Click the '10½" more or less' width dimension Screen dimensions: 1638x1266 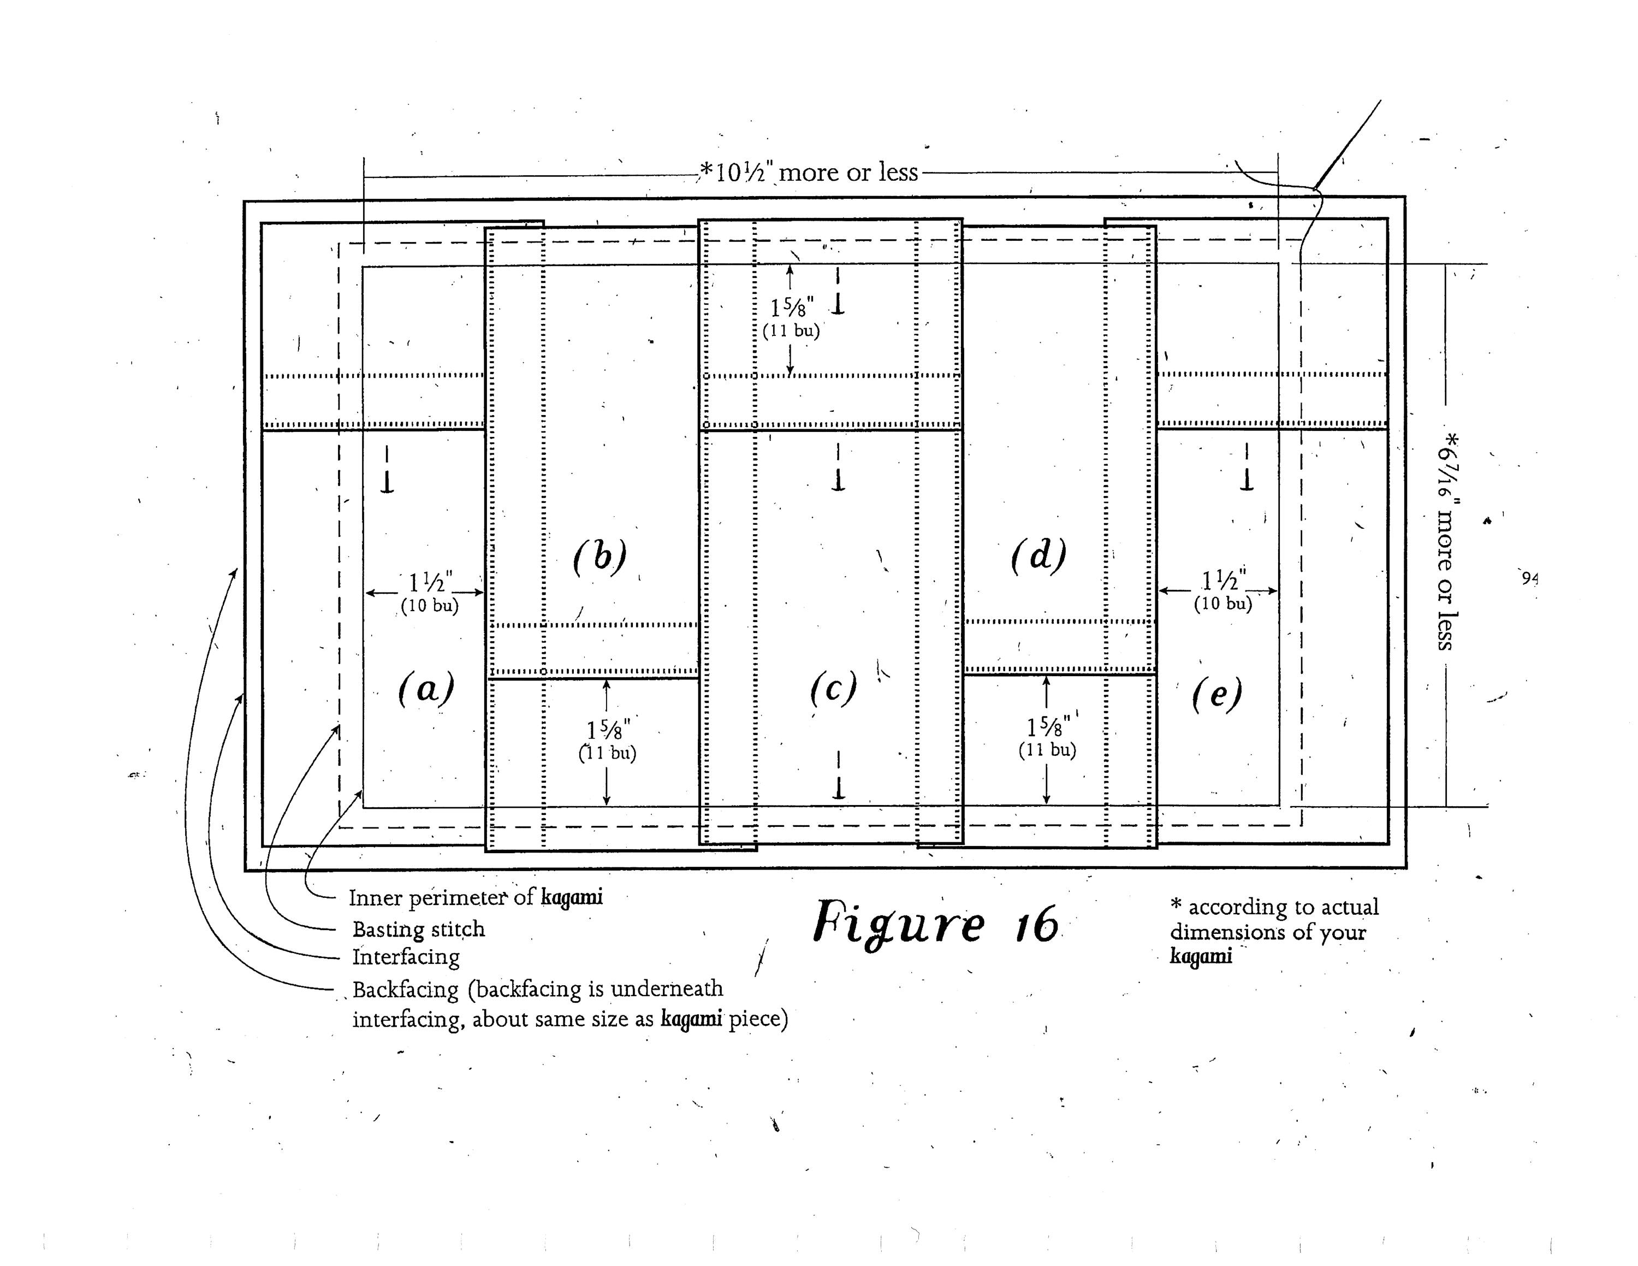click(x=809, y=173)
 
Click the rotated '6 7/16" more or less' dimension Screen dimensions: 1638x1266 click(x=1446, y=540)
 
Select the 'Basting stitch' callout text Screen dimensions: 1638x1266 click(x=418, y=929)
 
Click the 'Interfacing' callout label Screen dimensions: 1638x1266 click(x=406, y=957)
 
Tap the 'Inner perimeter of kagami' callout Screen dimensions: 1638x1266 click(x=476, y=898)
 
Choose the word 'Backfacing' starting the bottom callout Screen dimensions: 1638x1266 click(x=405, y=990)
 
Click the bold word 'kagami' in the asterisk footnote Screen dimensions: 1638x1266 click(x=1201, y=956)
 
